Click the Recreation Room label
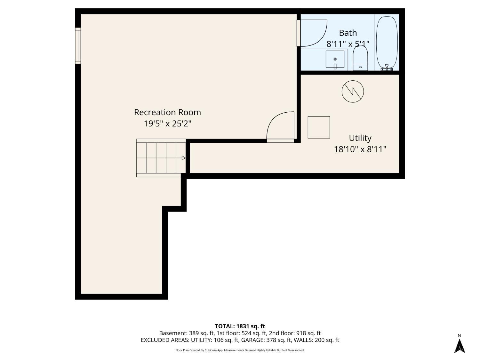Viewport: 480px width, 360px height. pyautogui.click(x=167, y=112)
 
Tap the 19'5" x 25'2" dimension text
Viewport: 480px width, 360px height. pyautogui.click(x=167, y=124)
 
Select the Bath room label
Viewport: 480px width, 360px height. pyautogui.click(x=348, y=33)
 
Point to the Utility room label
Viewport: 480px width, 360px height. pyautogui.click(x=360, y=138)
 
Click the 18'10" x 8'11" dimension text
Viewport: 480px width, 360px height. pyautogui.click(x=360, y=149)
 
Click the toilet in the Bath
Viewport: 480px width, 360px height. pyautogui.click(x=360, y=58)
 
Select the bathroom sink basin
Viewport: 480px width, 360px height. pyautogui.click(x=335, y=59)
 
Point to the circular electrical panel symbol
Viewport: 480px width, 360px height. pyautogui.click(x=353, y=92)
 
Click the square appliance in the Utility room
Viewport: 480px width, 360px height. pyautogui.click(x=319, y=127)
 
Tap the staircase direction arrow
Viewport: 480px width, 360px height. pyautogui.click(x=183, y=158)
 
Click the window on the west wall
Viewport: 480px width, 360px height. pyautogui.click(x=78, y=46)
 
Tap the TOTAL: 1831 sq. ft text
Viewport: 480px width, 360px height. pyautogui.click(x=240, y=326)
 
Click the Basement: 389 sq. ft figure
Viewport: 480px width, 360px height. pyautogui.click(x=187, y=333)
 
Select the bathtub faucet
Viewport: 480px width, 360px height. pyautogui.click(x=387, y=67)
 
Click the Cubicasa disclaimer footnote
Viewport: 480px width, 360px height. pyautogui.click(x=240, y=350)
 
